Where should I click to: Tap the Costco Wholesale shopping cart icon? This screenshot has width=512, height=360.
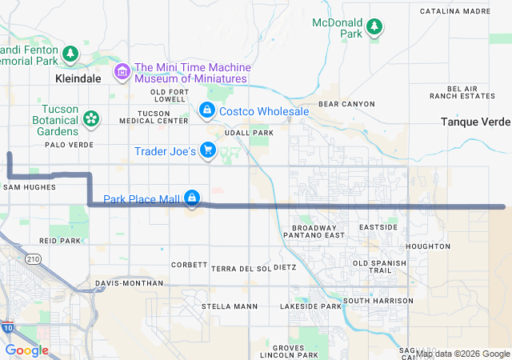pyautogui.click(x=206, y=109)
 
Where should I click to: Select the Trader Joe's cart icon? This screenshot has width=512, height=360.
pyautogui.click(x=208, y=150)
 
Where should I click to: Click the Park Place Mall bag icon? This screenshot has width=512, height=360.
pyautogui.click(x=192, y=197)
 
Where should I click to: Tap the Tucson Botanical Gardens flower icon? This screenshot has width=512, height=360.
pyautogui.click(x=90, y=119)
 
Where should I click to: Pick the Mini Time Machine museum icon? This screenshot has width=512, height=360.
pyautogui.click(x=122, y=73)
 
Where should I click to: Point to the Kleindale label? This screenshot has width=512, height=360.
pyautogui.click(x=79, y=80)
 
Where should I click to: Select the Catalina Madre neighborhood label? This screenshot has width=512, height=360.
pyautogui.click(x=455, y=11)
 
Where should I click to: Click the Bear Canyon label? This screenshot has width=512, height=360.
pyautogui.click(x=346, y=104)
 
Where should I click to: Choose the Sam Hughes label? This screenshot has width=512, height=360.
pyautogui.click(x=30, y=187)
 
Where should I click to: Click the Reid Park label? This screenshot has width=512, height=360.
pyautogui.click(x=60, y=240)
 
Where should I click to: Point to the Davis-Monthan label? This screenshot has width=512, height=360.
pyautogui.click(x=122, y=283)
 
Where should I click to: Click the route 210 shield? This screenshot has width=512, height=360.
pyautogui.click(x=33, y=259)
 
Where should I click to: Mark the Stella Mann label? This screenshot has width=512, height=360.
pyautogui.click(x=230, y=306)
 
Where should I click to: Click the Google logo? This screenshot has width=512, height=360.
pyautogui.click(x=26, y=350)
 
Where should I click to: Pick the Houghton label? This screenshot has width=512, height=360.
pyautogui.click(x=427, y=246)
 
